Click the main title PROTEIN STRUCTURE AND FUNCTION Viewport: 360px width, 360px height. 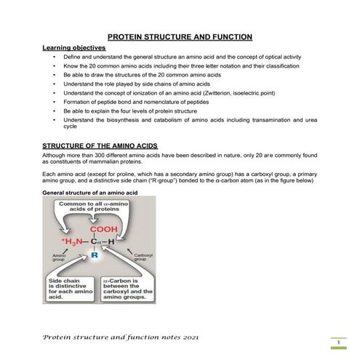click(x=180, y=36)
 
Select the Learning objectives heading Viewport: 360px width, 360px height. click(x=73, y=47)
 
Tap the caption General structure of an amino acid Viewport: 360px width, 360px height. click(x=90, y=193)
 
